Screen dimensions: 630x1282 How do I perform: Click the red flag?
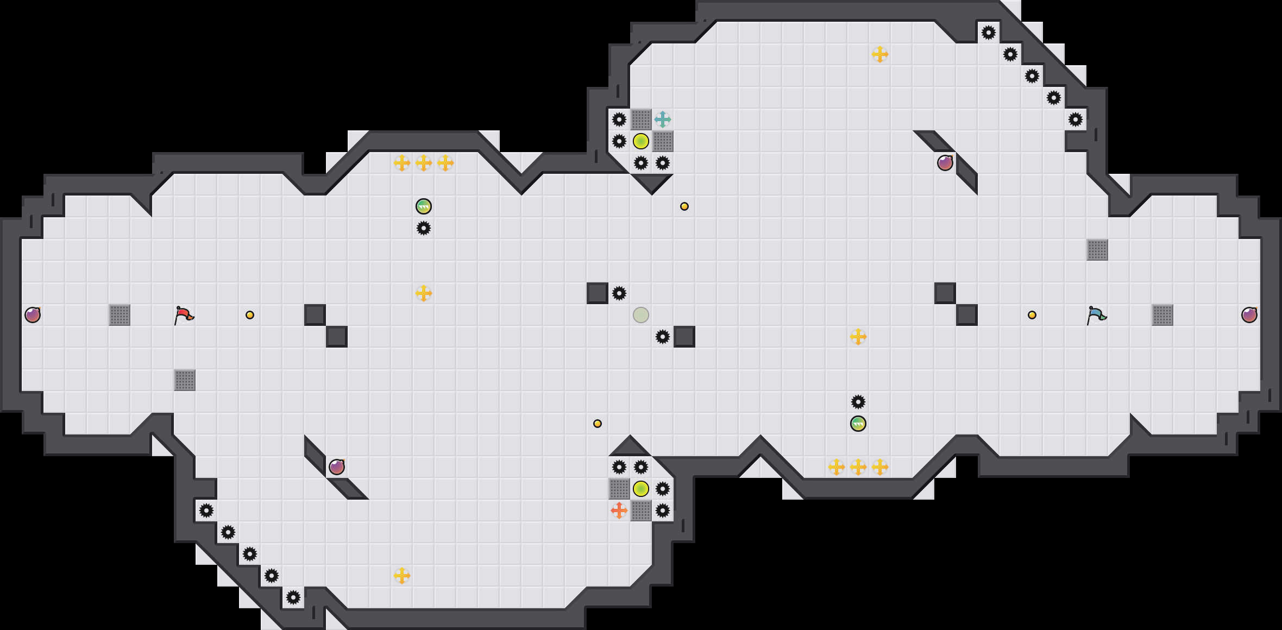click(184, 315)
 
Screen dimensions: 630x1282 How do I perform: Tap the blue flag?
click(1096, 315)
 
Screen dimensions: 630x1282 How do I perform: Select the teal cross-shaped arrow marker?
click(663, 119)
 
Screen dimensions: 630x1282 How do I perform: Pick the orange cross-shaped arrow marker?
click(619, 511)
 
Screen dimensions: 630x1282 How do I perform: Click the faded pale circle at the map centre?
click(641, 315)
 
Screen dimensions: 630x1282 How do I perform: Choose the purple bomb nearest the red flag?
click(33, 315)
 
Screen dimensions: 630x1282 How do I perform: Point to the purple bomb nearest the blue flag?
click(1249, 315)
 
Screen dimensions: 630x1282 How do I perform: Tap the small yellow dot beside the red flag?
click(250, 315)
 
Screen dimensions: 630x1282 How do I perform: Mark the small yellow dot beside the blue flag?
click(1032, 315)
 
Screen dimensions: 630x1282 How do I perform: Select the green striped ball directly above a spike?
click(424, 206)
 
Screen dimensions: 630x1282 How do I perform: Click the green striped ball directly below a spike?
click(858, 424)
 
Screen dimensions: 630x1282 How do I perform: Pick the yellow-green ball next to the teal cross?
click(641, 141)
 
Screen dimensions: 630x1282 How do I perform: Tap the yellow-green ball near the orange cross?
click(641, 489)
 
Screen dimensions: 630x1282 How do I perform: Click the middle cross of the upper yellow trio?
click(424, 163)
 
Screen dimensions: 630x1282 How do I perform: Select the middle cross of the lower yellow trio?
click(858, 467)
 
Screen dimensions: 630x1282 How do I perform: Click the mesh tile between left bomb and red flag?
click(120, 315)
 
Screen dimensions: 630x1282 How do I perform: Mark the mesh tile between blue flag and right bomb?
click(1162, 315)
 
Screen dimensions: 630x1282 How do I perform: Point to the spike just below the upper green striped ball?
click(424, 228)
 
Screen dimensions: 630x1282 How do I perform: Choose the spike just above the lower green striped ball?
click(858, 402)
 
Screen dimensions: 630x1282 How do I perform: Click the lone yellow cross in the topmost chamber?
click(880, 54)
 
